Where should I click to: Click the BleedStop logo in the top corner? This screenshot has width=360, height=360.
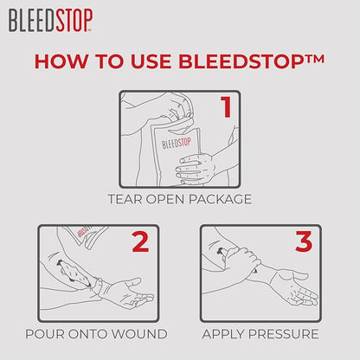[x=50, y=20]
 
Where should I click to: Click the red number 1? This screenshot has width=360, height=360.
[x=226, y=106]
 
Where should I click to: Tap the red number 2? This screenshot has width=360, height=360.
[x=140, y=241]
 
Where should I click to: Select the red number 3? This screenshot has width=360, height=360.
[x=304, y=241]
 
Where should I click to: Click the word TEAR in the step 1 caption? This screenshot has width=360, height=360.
[x=125, y=199]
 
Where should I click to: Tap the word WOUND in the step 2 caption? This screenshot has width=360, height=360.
[x=139, y=334]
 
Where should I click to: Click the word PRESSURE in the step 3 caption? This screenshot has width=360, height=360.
[x=283, y=334]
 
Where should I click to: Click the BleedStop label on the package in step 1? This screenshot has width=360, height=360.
[x=177, y=143]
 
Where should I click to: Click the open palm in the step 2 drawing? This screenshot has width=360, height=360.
[x=130, y=292]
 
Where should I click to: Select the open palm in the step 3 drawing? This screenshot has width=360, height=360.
[x=293, y=287]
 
